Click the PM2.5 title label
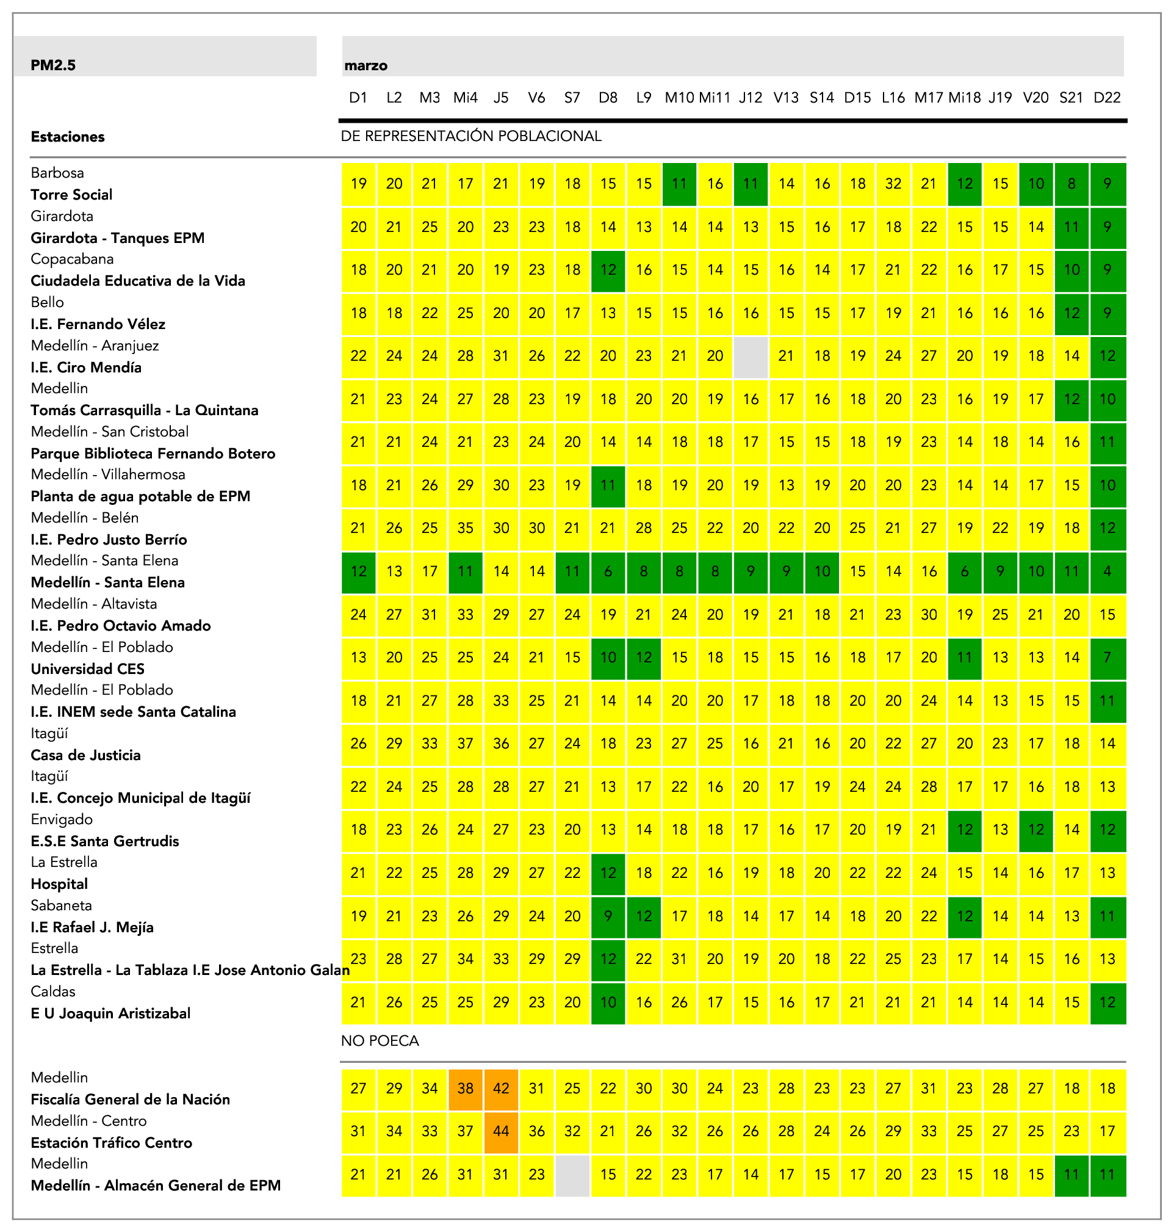coord(53,65)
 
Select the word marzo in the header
coord(366,66)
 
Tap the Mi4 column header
coord(465,98)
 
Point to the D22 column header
coord(1106,98)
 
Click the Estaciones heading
coord(68,137)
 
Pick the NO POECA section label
coord(380,1040)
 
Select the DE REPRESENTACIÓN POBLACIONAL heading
coord(470,137)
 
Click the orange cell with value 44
coord(500,1131)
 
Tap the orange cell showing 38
coord(465,1088)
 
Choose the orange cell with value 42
coord(500,1088)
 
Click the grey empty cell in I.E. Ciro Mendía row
coord(751,356)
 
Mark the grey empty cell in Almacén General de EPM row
coord(572,1175)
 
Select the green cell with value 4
coord(1107,571)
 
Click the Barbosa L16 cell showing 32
coord(893,184)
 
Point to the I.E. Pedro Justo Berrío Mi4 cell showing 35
coord(465,528)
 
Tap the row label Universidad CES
coord(88,669)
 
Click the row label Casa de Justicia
coord(86,755)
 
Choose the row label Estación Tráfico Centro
coord(112,1142)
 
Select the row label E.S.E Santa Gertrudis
coord(104,841)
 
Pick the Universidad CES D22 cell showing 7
coord(1107,658)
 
